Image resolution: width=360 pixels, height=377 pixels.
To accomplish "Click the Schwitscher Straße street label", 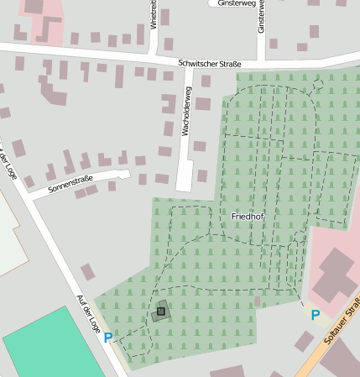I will pos(210,64).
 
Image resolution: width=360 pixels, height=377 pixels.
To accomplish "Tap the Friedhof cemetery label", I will pos(248,217).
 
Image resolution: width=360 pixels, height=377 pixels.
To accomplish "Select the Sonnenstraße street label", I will pos(70,184).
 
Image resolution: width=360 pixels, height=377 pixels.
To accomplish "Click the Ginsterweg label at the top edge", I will pos(236,4).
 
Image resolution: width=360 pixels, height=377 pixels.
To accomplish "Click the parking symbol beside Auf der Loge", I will pos(107,338).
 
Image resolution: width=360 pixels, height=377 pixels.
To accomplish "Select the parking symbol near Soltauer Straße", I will pos(316,315).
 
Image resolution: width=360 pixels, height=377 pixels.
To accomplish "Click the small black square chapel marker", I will pos(160,312).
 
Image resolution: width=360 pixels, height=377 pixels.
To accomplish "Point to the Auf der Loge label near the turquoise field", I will pos(86,311).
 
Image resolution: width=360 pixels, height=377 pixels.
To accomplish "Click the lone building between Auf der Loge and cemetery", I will pos(87,272).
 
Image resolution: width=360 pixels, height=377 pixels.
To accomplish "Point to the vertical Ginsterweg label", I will pos(262,17).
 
